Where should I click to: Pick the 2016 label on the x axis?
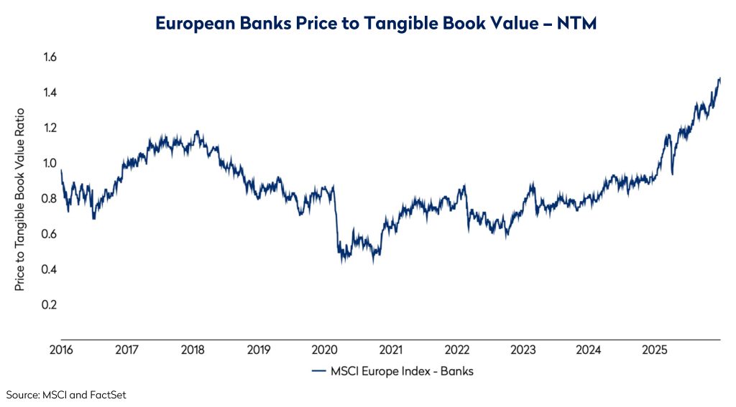[61, 350]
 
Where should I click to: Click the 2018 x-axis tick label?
[193, 350]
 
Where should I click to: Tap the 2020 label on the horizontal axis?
[325, 350]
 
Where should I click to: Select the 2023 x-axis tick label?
[523, 350]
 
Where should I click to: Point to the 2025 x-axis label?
[655, 350]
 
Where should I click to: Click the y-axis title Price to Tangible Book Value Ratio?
[20, 200]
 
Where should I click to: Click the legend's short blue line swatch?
[319, 371]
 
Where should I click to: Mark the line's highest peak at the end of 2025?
[719, 78]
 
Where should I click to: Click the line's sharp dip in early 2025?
[672, 174]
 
